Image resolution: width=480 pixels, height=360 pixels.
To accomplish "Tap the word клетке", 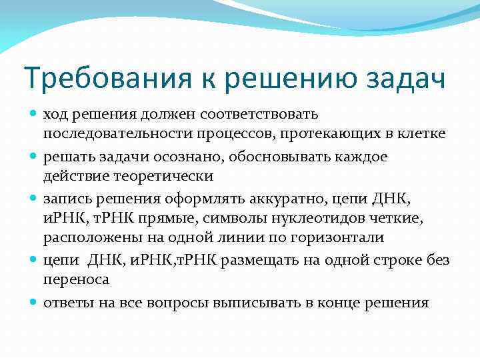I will (423, 134).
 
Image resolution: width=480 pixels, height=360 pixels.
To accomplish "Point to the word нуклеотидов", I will (314, 218).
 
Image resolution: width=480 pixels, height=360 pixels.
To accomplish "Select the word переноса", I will (74, 281).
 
